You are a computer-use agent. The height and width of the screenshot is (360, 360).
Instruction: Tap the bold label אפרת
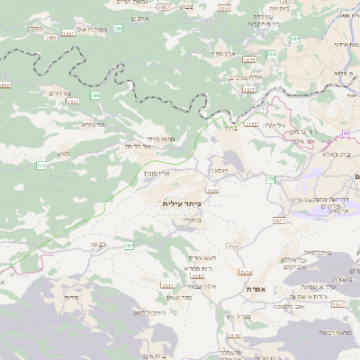point(255,289)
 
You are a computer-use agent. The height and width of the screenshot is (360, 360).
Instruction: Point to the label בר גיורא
point(94,125)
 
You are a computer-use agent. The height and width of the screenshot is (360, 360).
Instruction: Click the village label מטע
point(64,154)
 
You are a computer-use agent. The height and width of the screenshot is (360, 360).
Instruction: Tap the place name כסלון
point(34,29)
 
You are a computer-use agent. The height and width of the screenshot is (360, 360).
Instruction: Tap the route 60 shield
point(346,134)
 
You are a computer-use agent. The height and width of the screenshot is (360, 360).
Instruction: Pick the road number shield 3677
point(280,219)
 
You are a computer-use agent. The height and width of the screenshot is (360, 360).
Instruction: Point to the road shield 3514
point(246,271)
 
